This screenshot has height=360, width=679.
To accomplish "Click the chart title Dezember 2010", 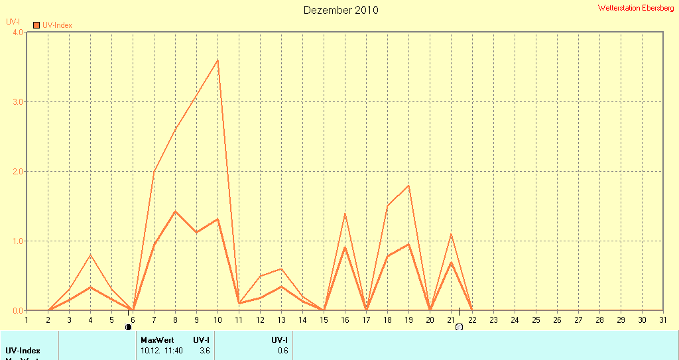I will [x=341, y=10].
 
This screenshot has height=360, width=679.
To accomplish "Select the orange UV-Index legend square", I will [x=36, y=25].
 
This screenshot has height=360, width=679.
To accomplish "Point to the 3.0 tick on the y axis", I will [x=17, y=102].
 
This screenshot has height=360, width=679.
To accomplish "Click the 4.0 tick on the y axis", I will [x=17, y=32].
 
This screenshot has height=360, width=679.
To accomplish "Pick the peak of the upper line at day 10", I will [x=217, y=60].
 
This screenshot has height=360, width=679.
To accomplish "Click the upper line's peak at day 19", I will [x=408, y=186].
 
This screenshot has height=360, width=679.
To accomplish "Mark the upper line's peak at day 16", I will [x=345, y=213].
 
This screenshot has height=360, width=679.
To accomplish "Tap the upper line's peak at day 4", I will [x=90, y=255].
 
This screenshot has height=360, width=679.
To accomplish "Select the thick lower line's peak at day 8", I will [x=175, y=211].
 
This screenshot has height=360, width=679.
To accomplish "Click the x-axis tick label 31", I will [x=662, y=320].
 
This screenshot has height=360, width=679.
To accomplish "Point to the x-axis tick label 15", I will [x=324, y=320].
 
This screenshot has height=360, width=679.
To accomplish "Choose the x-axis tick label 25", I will [x=536, y=320].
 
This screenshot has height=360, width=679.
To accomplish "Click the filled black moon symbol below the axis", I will [x=128, y=327].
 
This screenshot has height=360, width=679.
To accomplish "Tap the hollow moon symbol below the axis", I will [x=459, y=327].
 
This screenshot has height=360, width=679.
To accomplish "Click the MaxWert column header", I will [x=157, y=340].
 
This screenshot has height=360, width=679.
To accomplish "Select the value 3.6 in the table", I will [x=204, y=351].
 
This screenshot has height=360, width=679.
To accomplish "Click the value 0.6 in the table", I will [x=283, y=351].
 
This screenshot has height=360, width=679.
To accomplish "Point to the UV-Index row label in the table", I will [x=23, y=351].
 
